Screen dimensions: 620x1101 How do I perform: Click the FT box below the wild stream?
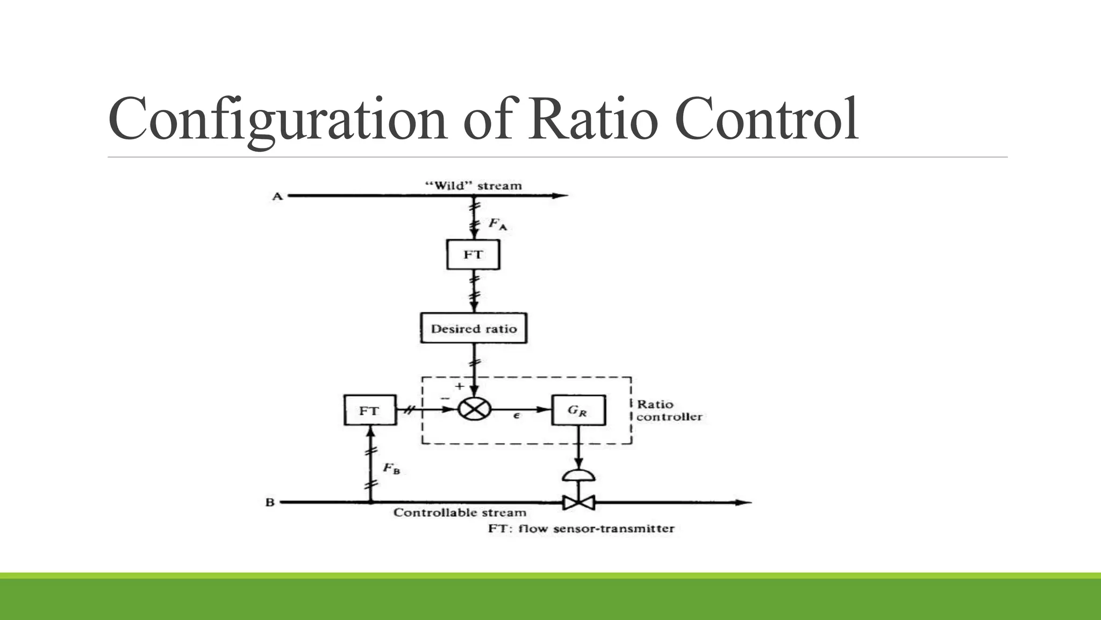[473, 255]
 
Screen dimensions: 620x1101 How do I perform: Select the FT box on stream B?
[370, 411]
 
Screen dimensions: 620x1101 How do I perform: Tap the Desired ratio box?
[473, 328]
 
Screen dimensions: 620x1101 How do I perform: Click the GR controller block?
[578, 410]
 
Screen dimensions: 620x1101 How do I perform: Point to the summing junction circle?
[474, 410]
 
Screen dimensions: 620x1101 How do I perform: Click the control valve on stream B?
[578, 503]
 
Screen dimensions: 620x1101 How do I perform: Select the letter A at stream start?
[277, 196]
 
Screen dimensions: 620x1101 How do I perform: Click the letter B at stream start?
[270, 503]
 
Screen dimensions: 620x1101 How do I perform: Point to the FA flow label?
[497, 224]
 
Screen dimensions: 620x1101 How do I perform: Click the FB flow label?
[391, 469]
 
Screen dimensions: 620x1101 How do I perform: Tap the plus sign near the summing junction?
[459, 386]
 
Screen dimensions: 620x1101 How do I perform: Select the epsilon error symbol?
[516, 415]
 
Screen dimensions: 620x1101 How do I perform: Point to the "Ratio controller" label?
[669, 410]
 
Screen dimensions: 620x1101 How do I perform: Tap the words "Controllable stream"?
[460, 512]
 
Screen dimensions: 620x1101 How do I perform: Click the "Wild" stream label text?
[473, 186]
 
